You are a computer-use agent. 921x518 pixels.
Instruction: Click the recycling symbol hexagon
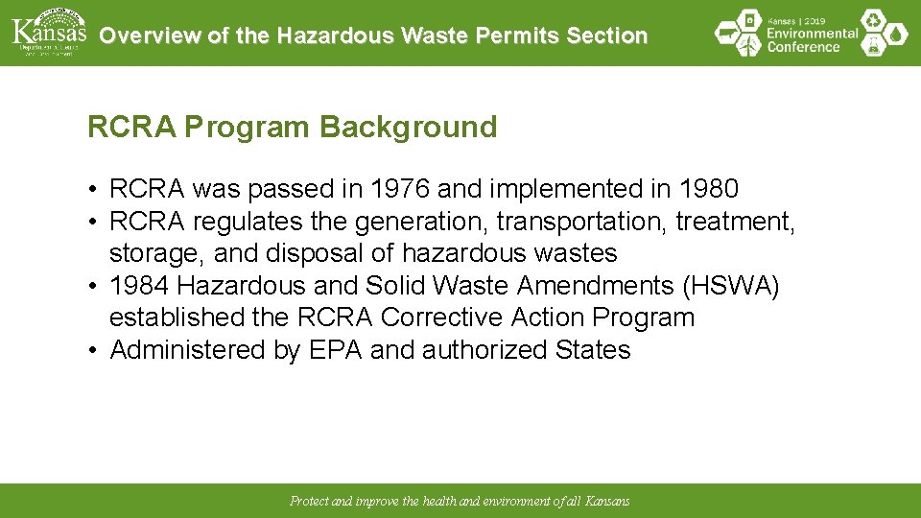872,19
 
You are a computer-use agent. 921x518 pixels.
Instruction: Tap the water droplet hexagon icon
895,35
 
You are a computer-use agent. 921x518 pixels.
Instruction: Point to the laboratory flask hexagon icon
873,46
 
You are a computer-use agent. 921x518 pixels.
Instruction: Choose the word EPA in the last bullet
336,350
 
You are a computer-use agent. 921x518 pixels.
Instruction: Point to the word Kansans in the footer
608,501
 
